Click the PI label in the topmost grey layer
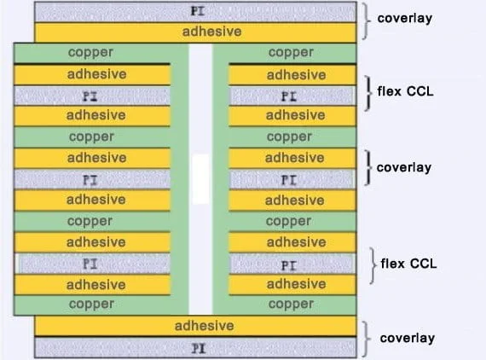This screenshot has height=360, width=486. (x=198, y=11)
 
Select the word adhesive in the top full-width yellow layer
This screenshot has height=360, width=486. (x=212, y=32)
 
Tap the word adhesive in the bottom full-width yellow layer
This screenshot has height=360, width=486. (x=205, y=326)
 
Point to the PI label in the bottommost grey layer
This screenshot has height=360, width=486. (x=199, y=349)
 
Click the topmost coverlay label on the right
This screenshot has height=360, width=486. (x=404, y=19)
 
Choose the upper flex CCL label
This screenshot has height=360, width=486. (x=405, y=91)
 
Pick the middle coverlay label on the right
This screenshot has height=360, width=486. (x=404, y=168)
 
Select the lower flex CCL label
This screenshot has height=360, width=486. (x=408, y=264)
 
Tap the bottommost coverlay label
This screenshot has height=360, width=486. (x=408, y=339)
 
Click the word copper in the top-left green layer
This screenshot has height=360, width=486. (x=90, y=52)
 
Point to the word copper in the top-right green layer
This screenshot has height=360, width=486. (x=291, y=52)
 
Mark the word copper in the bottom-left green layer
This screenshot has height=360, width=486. (x=91, y=305)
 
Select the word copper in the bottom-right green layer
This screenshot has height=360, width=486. (x=291, y=305)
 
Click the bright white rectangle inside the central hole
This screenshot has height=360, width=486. (x=200, y=179)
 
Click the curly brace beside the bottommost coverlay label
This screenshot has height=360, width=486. (x=367, y=340)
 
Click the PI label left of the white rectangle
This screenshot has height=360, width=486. (x=90, y=180)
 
